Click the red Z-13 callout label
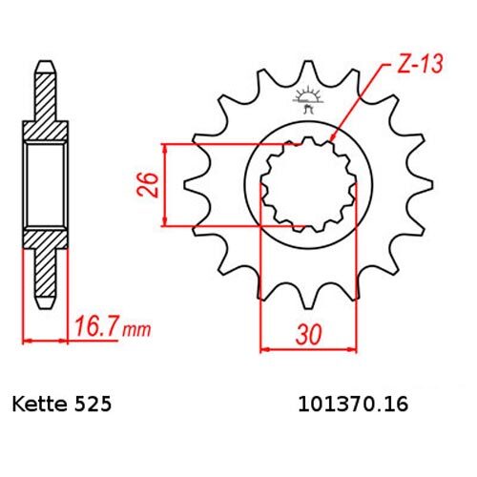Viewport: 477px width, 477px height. (419, 64)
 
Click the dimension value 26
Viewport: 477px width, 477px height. (148, 185)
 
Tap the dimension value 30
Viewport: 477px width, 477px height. (308, 335)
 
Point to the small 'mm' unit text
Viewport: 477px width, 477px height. (136, 331)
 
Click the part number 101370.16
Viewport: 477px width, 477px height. (353, 404)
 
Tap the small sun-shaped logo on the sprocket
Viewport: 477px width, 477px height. (306, 99)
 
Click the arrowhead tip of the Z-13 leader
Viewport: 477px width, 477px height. (331, 140)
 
